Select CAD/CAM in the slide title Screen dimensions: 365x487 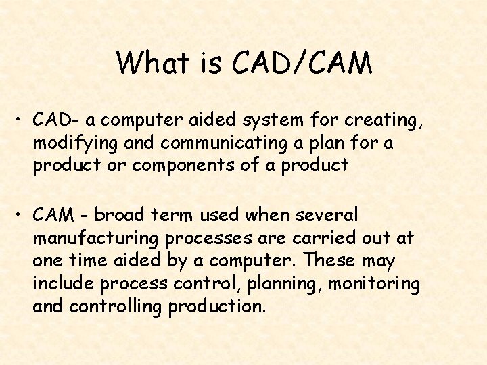302,63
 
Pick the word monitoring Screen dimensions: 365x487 373,284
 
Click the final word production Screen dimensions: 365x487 218,307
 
